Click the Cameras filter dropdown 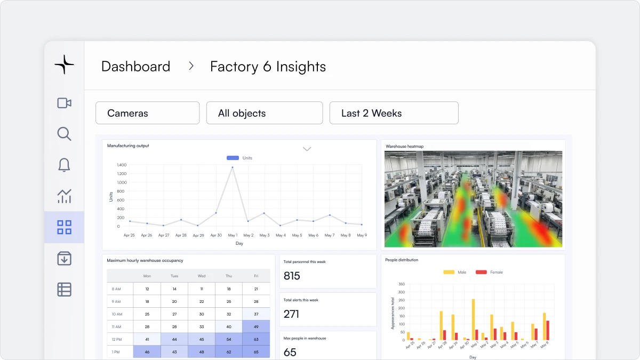click(x=147, y=113)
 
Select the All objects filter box click(x=265, y=113)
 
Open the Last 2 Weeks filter click(x=394, y=113)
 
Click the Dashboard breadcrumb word click(x=135, y=67)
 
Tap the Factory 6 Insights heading click(x=268, y=67)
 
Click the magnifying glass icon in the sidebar click(x=64, y=134)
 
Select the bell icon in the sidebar click(x=64, y=165)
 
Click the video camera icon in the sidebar click(x=64, y=103)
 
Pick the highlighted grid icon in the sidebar click(x=64, y=227)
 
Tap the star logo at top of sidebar click(x=64, y=64)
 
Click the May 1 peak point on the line click(x=233, y=167)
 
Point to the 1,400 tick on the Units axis click(x=122, y=165)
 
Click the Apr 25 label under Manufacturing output click(x=129, y=235)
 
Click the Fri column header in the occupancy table click(x=256, y=276)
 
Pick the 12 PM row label click(x=116, y=339)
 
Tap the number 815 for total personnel click(x=292, y=276)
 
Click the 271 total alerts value click(x=292, y=314)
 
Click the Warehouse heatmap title click(x=404, y=146)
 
